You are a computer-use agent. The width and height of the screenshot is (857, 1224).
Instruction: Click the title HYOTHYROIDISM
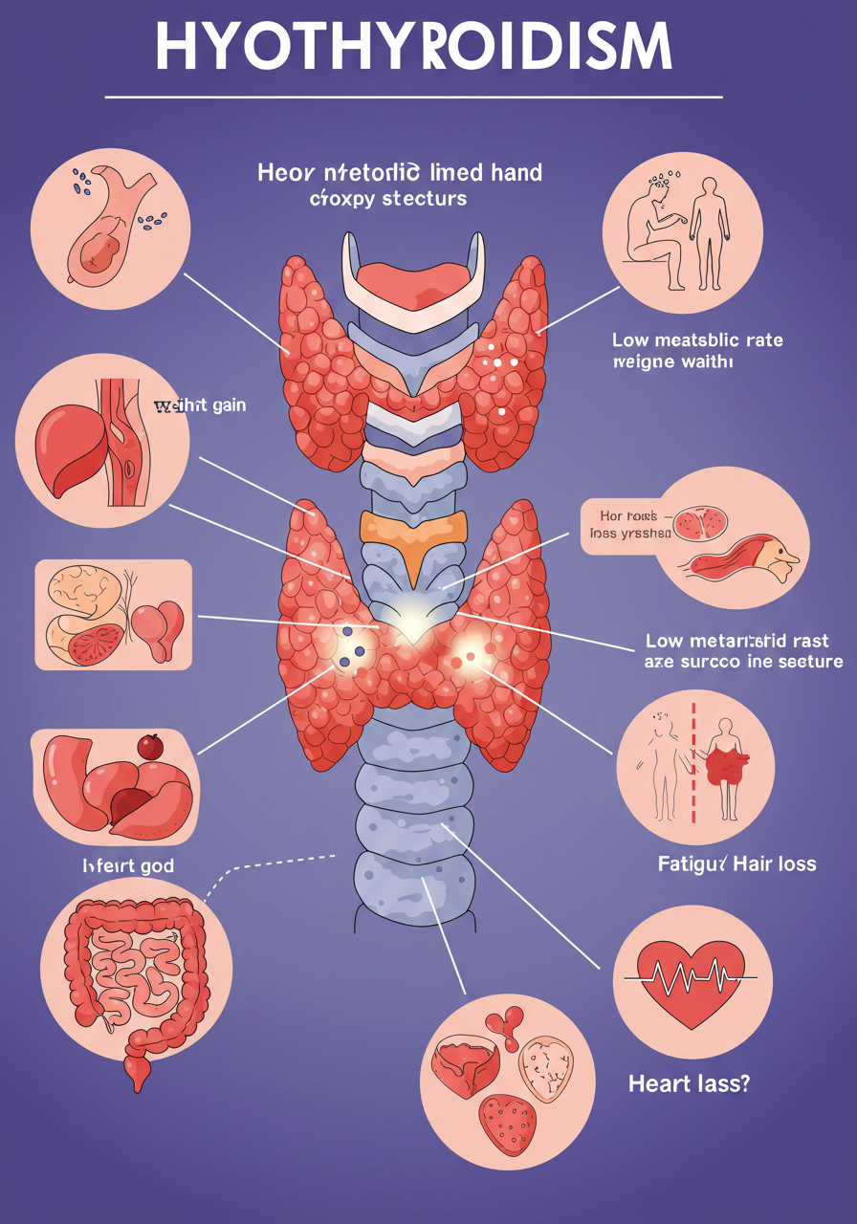coord(413,47)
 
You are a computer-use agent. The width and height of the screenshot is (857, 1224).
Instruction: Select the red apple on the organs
coord(150,746)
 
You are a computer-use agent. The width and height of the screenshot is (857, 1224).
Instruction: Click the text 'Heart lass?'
coord(689,1083)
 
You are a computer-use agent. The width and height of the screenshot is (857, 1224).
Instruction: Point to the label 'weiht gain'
coord(200,405)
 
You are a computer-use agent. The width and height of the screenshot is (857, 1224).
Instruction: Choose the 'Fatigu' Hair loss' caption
coord(736,863)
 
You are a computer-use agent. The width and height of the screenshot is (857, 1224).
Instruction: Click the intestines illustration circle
coord(137,975)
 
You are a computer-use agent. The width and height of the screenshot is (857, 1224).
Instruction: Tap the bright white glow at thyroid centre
coord(409,625)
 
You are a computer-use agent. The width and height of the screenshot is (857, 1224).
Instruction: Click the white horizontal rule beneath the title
coord(413,97)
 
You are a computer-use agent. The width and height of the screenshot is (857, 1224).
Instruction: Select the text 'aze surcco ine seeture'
coord(744,661)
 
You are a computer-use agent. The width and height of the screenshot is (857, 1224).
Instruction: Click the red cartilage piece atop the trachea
coord(413,277)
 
